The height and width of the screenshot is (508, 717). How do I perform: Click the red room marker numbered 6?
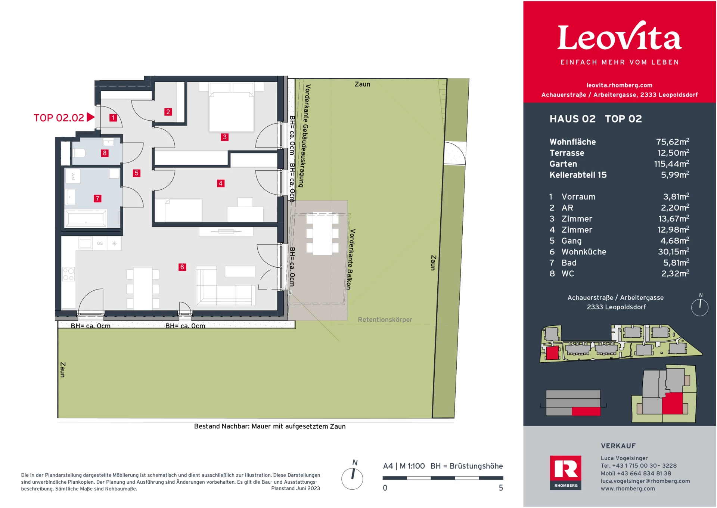point(182,267)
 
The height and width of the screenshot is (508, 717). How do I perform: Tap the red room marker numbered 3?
point(224,137)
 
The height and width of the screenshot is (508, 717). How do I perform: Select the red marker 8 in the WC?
point(105,153)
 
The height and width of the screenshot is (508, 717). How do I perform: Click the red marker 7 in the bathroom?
point(97,198)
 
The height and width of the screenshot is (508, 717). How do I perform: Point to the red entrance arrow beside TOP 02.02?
point(90,117)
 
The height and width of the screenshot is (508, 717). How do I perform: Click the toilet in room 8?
point(80,153)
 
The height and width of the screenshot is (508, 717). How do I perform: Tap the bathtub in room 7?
point(86,218)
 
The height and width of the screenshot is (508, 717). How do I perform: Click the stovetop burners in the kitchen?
point(68,274)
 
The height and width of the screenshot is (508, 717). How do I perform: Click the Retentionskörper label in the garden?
point(385,320)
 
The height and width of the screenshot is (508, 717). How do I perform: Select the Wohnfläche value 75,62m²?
point(672,142)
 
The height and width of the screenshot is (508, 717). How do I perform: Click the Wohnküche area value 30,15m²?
point(673,252)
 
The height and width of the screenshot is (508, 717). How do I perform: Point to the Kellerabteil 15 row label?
point(578,175)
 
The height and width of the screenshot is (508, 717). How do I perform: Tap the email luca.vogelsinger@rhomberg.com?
point(645,481)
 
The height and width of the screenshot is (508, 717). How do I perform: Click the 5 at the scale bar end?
point(501,488)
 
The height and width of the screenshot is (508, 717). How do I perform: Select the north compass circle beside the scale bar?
point(352,478)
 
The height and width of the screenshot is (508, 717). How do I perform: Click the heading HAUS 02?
point(572,119)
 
